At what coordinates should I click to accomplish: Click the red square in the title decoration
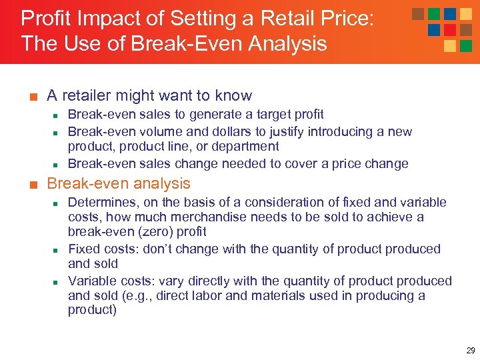[450, 30]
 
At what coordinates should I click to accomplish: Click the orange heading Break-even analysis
[119, 184]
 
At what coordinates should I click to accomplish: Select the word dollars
[210, 131]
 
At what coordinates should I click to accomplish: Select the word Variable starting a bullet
[91, 281]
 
